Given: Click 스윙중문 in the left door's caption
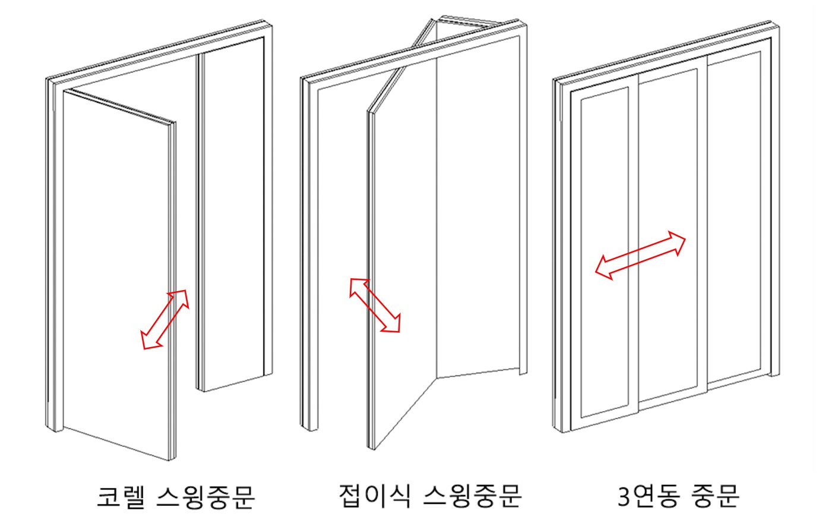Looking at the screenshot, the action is tap(206, 497).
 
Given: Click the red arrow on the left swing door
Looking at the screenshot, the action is tap(165, 319).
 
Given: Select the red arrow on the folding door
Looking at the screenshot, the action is tap(375, 305).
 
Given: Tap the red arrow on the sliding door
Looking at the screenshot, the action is tap(640, 256).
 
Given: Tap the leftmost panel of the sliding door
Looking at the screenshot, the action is tap(605, 253).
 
